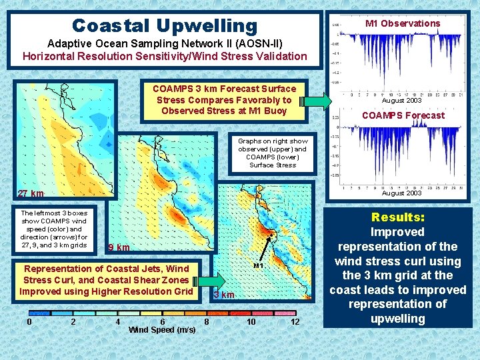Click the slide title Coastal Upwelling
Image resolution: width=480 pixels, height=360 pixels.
click(164, 25)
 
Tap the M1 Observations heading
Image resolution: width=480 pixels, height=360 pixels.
click(402, 23)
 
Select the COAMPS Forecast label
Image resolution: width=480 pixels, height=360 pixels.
click(403, 115)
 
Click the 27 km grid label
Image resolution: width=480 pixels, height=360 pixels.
click(31, 194)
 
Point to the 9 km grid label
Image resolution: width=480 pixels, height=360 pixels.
click(119, 248)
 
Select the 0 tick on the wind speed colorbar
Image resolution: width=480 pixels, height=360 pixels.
click(29, 322)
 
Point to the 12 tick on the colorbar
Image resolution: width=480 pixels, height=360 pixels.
click(295, 322)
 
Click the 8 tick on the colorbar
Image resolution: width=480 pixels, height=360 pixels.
click(207, 322)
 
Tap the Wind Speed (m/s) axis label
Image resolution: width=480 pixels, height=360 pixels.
click(161, 330)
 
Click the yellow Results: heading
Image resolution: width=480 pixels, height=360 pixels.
click(398, 217)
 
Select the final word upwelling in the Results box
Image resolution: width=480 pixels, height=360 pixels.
click(398, 319)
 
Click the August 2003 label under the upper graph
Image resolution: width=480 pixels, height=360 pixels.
click(401, 101)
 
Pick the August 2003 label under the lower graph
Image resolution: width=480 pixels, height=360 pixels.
click(401, 193)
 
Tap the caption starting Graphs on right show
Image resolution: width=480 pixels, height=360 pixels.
click(273, 153)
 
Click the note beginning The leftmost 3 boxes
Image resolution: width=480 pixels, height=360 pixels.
click(54, 229)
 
